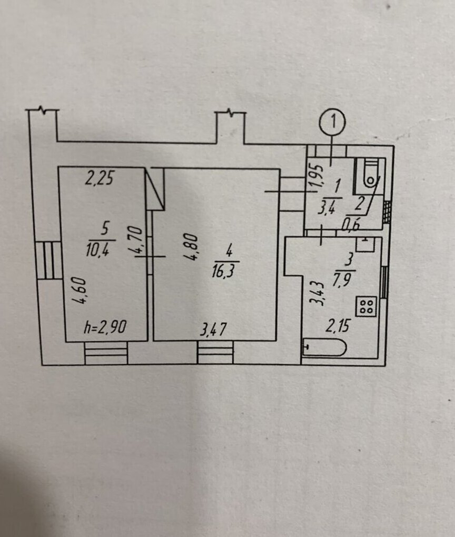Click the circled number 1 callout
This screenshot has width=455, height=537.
(x=332, y=123)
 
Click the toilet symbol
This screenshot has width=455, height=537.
(x=370, y=173)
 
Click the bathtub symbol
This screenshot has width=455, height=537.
(x=324, y=347)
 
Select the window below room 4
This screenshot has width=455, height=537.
(x=215, y=352)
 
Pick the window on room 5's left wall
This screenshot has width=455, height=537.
(x=48, y=260)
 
